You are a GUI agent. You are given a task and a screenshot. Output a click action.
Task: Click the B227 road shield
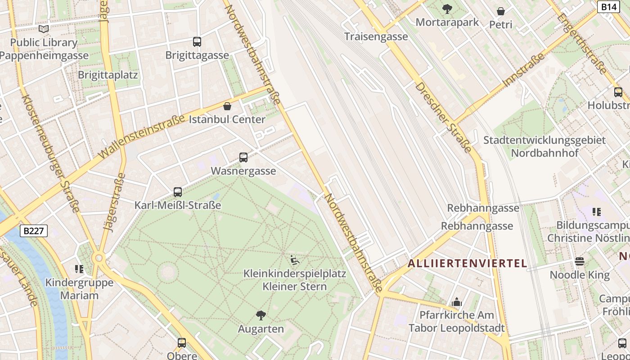coord(34,231)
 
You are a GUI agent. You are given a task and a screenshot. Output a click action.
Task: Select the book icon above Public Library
coord(44,29)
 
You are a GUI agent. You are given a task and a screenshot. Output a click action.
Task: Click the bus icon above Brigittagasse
coord(197,42)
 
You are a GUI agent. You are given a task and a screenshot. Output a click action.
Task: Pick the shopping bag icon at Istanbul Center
coord(227,106)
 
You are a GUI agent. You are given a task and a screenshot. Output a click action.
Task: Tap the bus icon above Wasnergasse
coord(243,157)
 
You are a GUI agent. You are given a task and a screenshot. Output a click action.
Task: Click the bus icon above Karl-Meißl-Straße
coord(178,192)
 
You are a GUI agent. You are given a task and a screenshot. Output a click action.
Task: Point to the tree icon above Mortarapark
coord(447,9)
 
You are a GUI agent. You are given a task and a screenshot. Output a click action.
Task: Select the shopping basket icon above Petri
coord(501,11)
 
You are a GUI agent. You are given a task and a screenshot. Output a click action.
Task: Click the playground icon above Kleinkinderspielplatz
coord(295,260)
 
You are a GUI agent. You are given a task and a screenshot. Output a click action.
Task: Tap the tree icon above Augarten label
coord(261,315)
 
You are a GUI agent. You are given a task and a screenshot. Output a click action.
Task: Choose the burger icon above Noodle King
coord(580,261)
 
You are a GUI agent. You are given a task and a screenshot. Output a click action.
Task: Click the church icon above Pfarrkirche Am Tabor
coord(457,301)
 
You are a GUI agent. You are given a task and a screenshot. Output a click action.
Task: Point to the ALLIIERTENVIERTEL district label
coord(467,264)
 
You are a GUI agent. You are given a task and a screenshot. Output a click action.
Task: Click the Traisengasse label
coord(376,36)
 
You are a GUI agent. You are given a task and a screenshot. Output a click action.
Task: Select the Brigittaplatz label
coord(108,75)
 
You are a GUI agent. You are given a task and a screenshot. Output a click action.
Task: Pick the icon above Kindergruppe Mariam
coord(79,269)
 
